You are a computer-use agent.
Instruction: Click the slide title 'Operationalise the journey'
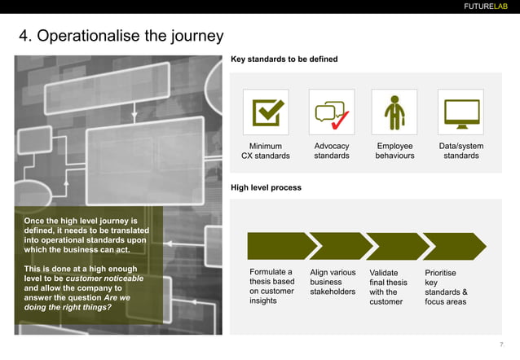coord(121,37)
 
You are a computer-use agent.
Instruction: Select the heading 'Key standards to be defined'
coord(284,59)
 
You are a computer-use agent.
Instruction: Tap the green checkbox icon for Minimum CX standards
coord(266,112)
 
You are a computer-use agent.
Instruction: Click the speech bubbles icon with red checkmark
coord(331,112)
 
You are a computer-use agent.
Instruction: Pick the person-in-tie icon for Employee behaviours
coord(394,112)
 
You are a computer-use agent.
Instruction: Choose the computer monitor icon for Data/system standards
coord(461,112)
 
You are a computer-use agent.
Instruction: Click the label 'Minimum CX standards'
coord(266,151)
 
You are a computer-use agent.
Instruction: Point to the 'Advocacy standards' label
coord(331,151)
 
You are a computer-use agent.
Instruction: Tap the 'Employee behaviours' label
coord(394,151)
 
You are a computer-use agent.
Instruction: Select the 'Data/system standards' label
coord(461,151)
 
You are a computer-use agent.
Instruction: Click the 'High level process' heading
coord(266,187)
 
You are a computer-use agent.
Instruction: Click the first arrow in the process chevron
coord(278,246)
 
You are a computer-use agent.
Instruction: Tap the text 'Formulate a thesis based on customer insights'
coord(271,287)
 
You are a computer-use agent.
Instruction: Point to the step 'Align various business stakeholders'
coord(333,282)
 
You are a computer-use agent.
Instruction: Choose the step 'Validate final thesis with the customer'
coord(388,287)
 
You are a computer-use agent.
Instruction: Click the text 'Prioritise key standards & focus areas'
coord(446,287)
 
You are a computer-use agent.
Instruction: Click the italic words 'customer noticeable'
coord(105,279)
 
